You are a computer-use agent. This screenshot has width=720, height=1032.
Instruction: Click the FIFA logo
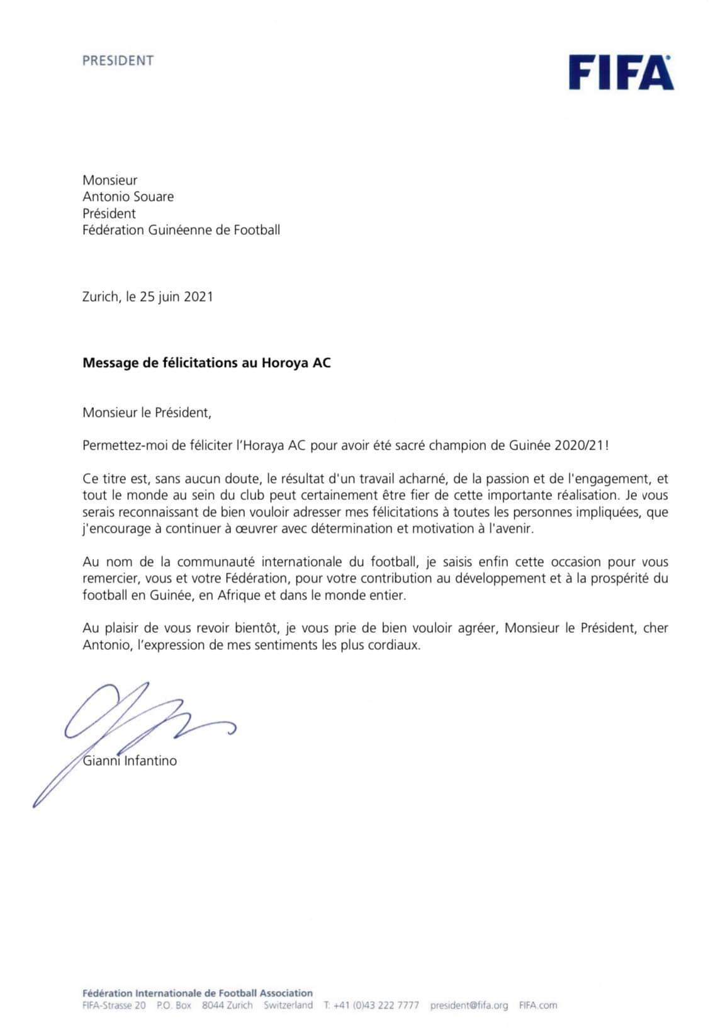[x=621, y=72]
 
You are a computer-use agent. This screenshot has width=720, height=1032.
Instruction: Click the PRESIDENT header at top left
[x=118, y=61]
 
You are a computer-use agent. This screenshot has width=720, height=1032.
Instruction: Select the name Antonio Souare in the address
[x=128, y=196]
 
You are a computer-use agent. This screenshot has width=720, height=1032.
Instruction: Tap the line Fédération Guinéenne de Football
[x=181, y=230]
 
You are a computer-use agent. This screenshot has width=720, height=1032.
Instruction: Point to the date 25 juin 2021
[x=177, y=297]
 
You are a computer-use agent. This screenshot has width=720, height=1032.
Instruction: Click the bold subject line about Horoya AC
[x=206, y=363]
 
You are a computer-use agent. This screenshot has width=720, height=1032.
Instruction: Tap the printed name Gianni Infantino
[x=130, y=761]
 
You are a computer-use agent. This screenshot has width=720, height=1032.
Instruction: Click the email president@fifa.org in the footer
[x=469, y=1006]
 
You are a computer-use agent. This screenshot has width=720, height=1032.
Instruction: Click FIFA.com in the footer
[x=538, y=1006]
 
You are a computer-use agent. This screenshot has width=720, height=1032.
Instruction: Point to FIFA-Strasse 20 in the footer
[x=114, y=1006]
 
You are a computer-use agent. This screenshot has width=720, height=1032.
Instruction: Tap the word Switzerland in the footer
[x=288, y=1006]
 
